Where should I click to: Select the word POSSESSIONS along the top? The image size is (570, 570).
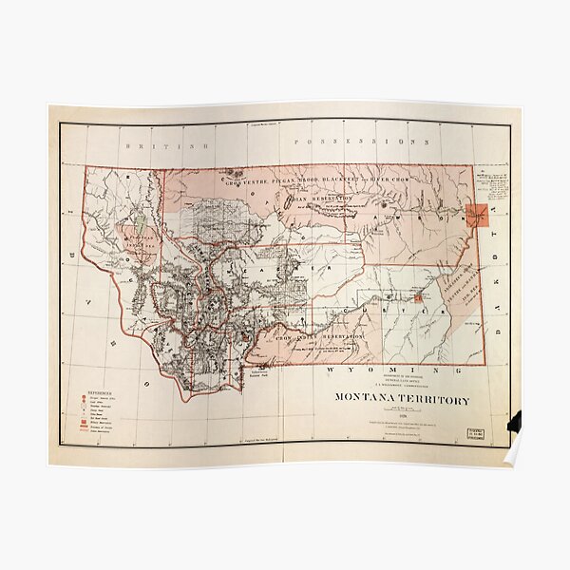tap(362, 141)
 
